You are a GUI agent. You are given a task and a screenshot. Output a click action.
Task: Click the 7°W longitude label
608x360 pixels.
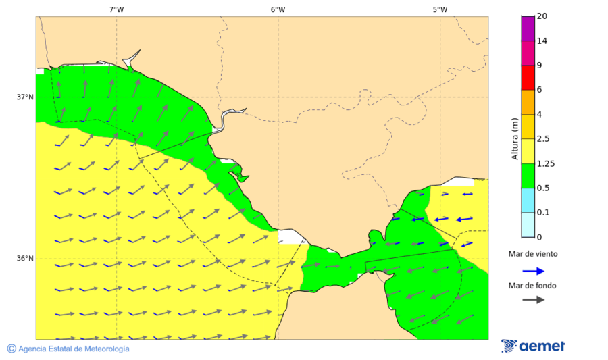(116, 9)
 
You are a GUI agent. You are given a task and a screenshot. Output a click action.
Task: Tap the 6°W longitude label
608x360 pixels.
(278, 9)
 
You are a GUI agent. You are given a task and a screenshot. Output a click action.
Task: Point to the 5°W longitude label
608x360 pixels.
(440, 9)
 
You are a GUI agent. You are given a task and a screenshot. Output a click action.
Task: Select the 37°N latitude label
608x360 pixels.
(25, 97)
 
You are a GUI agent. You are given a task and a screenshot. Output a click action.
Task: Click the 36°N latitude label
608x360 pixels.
(25, 258)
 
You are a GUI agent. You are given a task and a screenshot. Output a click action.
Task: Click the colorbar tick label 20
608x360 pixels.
(542, 16)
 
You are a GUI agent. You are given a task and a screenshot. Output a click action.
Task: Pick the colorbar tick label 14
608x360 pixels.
(542, 41)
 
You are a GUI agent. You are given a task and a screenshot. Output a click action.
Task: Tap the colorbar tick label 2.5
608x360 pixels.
(543, 139)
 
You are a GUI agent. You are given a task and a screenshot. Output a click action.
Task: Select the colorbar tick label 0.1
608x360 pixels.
(543, 213)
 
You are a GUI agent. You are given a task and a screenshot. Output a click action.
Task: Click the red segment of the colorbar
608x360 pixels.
(528, 77)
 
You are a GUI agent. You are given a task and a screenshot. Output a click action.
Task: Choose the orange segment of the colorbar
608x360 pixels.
(528, 102)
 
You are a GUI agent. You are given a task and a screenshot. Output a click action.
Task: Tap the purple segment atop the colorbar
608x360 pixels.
(528, 28)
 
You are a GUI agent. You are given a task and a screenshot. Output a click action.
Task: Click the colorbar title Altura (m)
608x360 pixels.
(515, 139)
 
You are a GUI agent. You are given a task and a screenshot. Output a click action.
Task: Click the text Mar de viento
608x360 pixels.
(533, 254)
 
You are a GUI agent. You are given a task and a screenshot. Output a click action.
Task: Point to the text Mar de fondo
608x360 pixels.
(533, 285)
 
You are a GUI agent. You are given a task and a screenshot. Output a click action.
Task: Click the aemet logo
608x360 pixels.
(533, 346)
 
